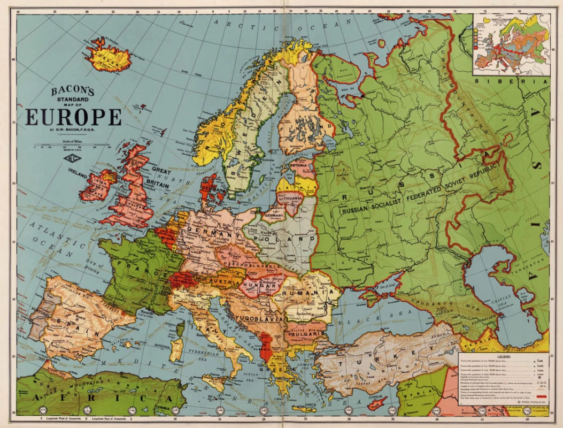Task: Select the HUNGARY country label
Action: point(260,286)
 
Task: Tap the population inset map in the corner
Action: point(511,44)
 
